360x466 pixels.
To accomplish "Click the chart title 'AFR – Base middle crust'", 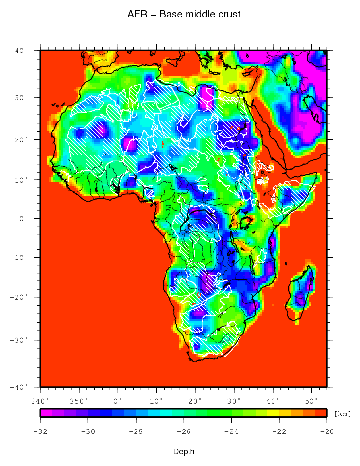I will (x=184, y=15).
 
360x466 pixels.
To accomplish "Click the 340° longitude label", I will (x=40, y=401).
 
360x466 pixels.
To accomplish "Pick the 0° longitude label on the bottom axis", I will (x=118, y=401).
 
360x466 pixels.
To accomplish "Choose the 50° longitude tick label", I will (x=311, y=401).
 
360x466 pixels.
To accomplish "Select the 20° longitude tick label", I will (x=195, y=401).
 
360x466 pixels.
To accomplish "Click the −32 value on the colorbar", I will (x=40, y=431).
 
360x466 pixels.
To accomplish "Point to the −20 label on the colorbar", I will (x=326, y=431).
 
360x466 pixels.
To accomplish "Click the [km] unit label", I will (x=343, y=414).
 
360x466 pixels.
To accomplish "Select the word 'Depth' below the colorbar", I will (x=184, y=452).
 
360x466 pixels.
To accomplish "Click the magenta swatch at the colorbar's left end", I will (x=46, y=413).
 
